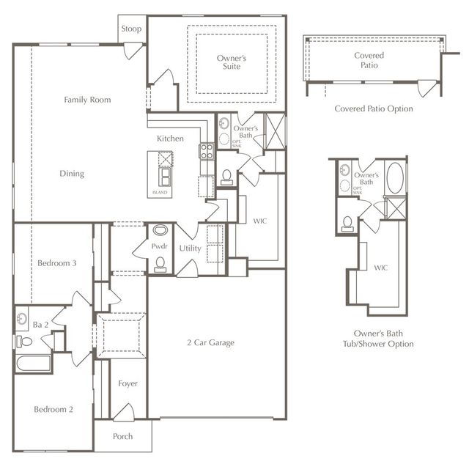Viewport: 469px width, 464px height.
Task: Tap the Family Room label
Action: pos(87,100)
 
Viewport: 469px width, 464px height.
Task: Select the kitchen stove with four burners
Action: pos(207,152)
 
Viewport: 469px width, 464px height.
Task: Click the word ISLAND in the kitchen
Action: pos(160,193)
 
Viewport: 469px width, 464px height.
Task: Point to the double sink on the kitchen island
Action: pos(166,177)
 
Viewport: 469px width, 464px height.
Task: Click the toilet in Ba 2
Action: pos(25,342)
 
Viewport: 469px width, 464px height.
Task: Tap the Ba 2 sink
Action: pos(21,319)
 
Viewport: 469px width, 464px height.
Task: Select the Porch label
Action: pos(123,437)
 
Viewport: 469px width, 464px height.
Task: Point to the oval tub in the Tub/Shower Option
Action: pos(394,178)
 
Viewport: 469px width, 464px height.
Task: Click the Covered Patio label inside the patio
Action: pos(369,60)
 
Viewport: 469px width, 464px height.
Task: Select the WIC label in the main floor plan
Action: pos(260,220)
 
